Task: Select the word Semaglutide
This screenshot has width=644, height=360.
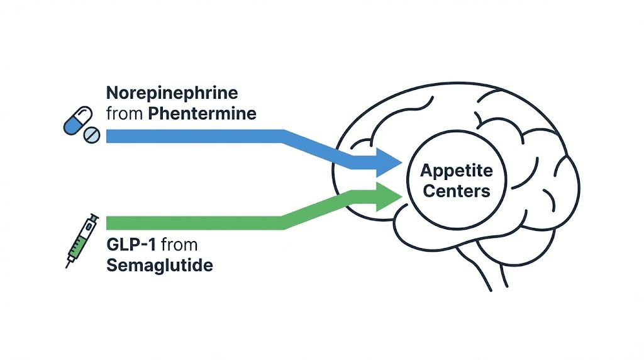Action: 159,265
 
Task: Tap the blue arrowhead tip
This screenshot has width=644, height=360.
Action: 401,164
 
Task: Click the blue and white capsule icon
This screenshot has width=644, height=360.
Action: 74,120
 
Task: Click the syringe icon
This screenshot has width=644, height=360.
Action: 81,240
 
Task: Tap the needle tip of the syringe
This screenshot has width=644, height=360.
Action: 67,267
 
